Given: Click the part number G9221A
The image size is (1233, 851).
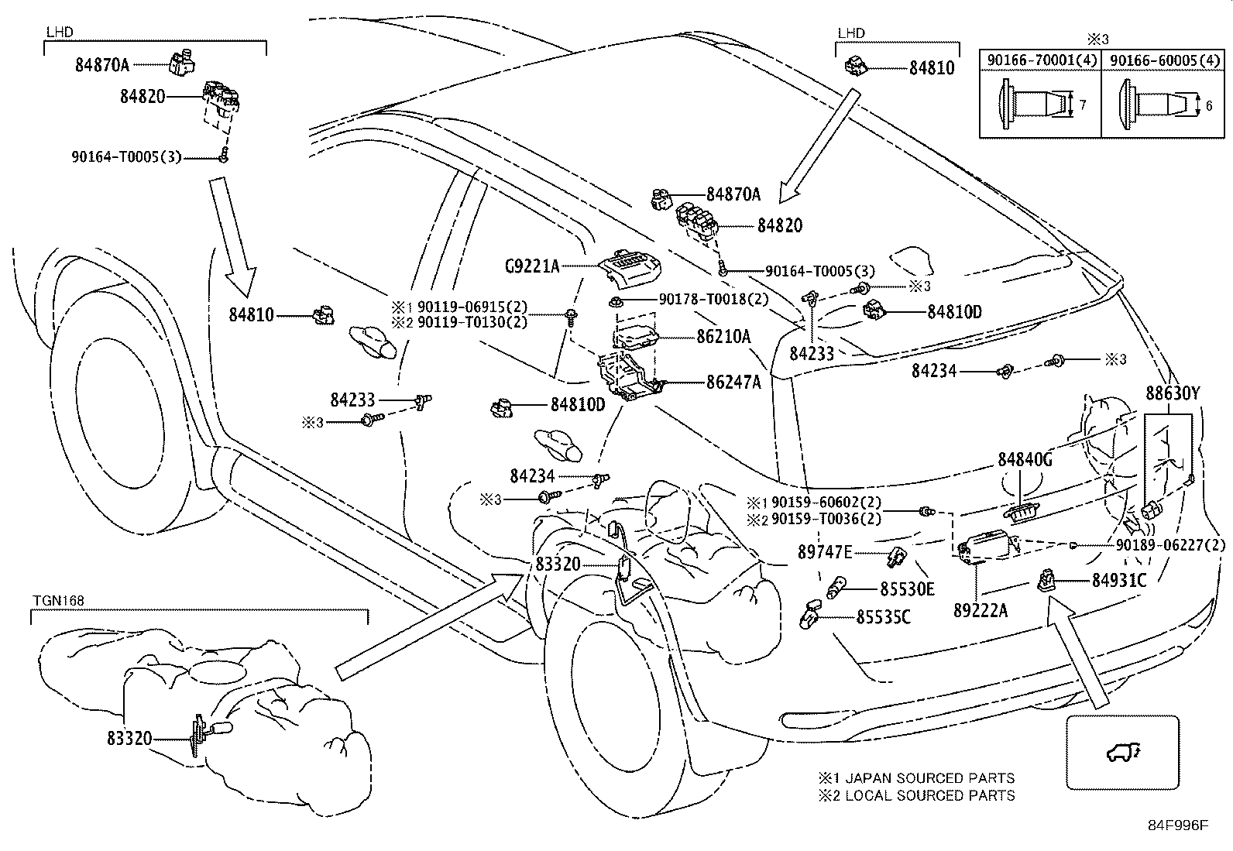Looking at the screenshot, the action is (x=532, y=266).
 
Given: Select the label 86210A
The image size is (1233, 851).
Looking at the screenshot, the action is (x=723, y=336).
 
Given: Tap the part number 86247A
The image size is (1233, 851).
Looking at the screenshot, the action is (x=733, y=382).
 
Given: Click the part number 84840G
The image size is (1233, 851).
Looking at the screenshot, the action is (x=1025, y=459).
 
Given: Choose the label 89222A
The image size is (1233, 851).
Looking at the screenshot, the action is (x=981, y=610).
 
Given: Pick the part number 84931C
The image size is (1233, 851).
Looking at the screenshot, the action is (x=1119, y=580).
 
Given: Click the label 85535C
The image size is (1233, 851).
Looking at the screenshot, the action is (x=884, y=617).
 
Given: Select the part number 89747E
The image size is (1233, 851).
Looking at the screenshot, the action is (x=825, y=551).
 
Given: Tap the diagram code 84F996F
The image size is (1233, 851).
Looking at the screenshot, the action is (x=1178, y=825).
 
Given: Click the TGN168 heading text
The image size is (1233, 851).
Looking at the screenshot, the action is (x=58, y=601).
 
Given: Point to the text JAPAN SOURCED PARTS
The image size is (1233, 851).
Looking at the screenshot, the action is (x=929, y=777).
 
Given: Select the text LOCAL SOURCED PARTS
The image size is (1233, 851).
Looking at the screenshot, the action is (x=930, y=795).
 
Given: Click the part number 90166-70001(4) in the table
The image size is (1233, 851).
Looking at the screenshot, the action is (x=1042, y=60).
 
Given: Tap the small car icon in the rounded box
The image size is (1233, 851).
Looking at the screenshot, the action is (x=1123, y=752).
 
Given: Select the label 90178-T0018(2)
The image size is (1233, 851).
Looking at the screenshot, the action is (x=714, y=299).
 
